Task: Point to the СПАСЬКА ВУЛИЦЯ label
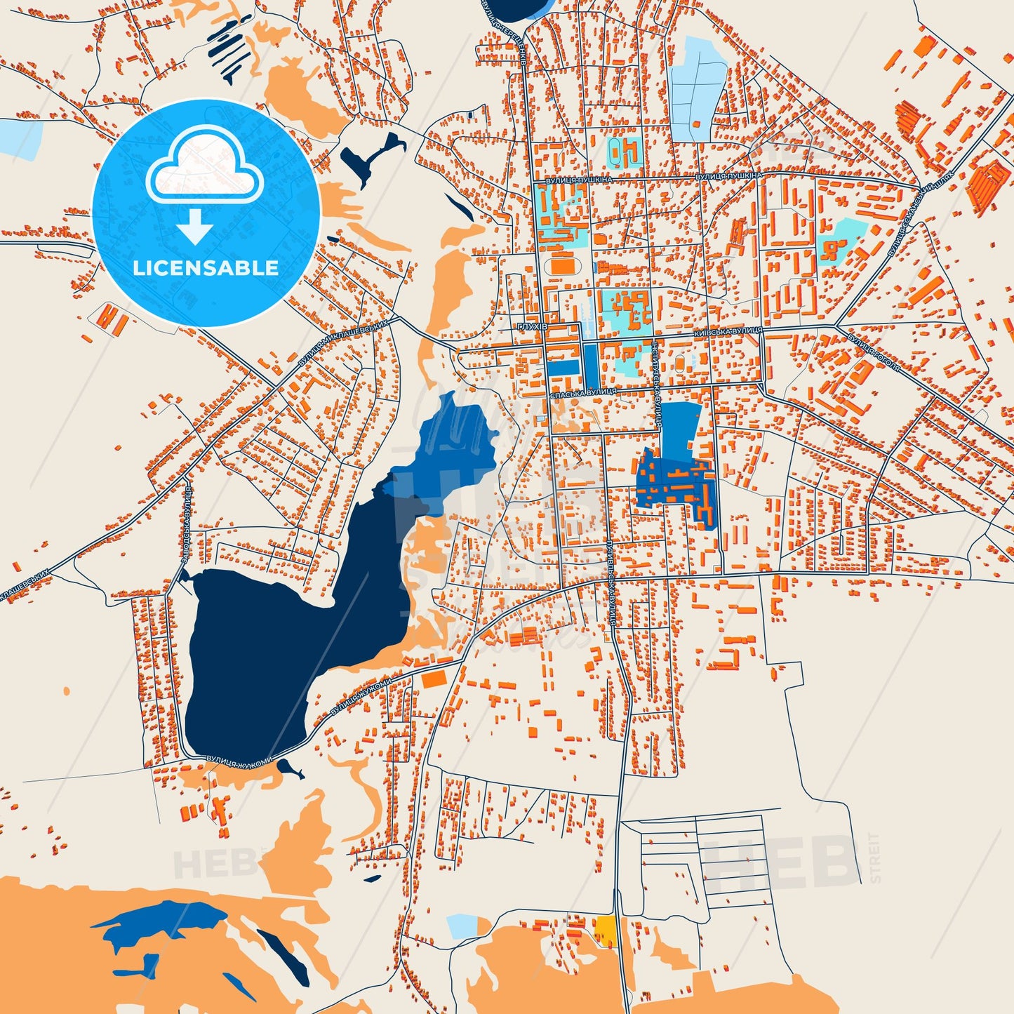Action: point(584,392)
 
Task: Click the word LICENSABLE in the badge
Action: point(206,267)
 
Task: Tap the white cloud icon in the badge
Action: point(204,166)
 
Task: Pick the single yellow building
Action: point(604,930)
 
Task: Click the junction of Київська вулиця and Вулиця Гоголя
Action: point(835,326)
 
